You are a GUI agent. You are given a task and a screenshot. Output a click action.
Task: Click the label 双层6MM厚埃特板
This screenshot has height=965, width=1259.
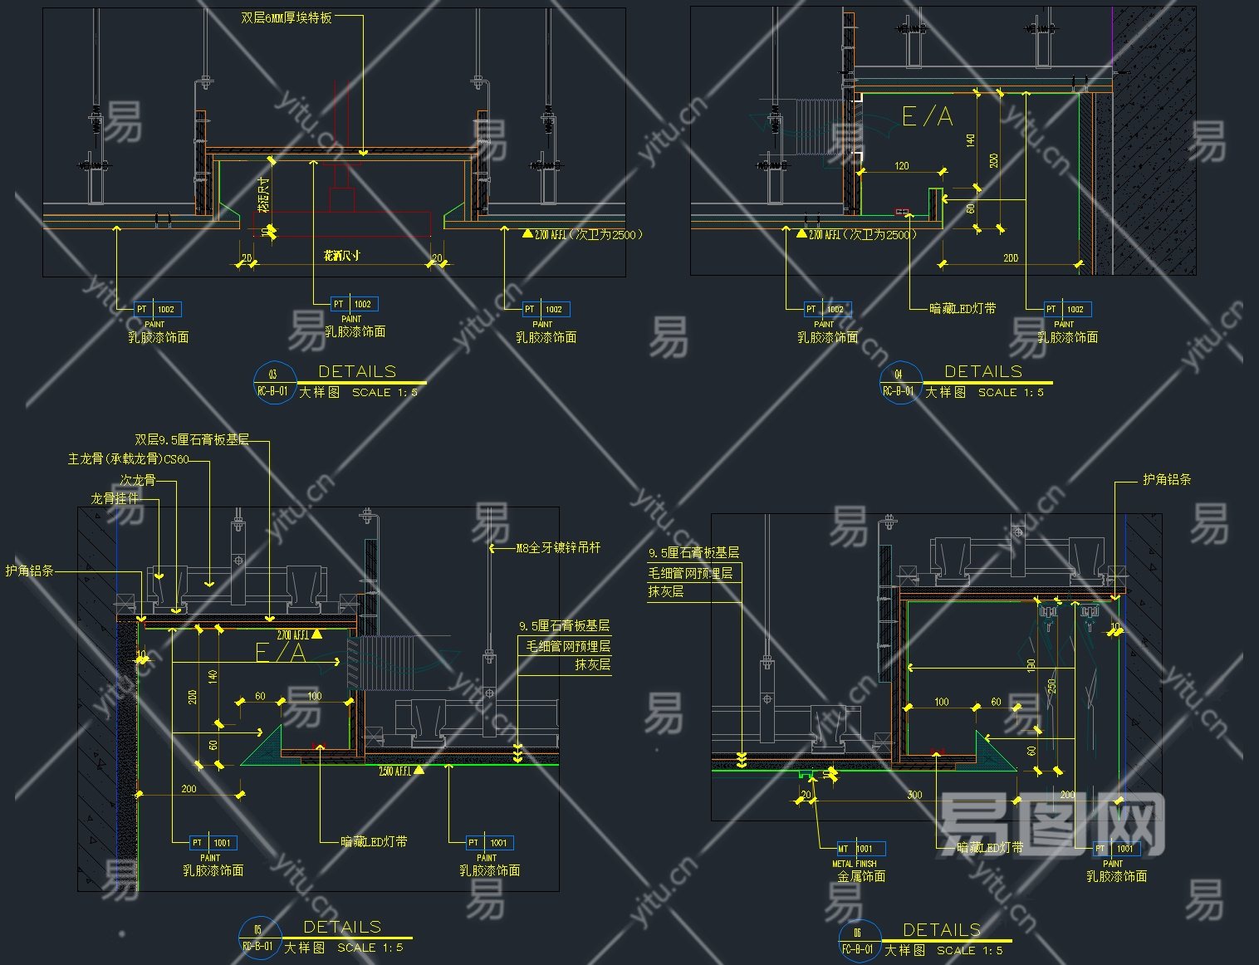tap(287, 17)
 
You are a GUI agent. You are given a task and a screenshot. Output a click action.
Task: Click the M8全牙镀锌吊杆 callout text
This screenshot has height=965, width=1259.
tap(558, 548)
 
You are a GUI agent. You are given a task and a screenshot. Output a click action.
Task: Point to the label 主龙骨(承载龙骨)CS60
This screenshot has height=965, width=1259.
tap(128, 459)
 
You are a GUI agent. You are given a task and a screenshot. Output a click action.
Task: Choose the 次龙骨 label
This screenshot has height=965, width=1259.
tap(137, 480)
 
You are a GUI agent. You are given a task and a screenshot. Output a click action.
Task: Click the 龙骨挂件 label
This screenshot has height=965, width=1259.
tap(115, 498)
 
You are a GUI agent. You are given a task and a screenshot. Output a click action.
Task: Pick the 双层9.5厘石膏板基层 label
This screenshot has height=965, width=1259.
tap(192, 439)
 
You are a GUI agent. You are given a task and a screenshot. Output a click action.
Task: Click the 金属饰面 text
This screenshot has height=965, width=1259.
tap(861, 876)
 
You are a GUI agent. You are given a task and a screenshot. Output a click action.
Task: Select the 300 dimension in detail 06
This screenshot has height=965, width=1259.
tap(914, 795)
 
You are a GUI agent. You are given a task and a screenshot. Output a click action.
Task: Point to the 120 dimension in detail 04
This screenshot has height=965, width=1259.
tap(902, 166)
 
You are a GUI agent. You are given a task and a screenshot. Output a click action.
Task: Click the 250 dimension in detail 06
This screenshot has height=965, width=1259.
tap(1052, 686)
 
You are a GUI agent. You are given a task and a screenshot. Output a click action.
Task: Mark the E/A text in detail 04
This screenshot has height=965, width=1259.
tap(927, 116)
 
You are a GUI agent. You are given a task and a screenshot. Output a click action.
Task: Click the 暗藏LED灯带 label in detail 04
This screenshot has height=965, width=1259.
tap(963, 309)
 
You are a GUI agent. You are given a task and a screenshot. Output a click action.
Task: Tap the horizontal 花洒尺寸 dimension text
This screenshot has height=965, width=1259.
tap(341, 256)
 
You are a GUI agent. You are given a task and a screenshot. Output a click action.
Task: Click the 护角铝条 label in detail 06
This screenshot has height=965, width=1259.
tap(1167, 479)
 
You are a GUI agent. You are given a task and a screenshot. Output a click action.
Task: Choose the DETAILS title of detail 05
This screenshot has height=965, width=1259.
tap(342, 927)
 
